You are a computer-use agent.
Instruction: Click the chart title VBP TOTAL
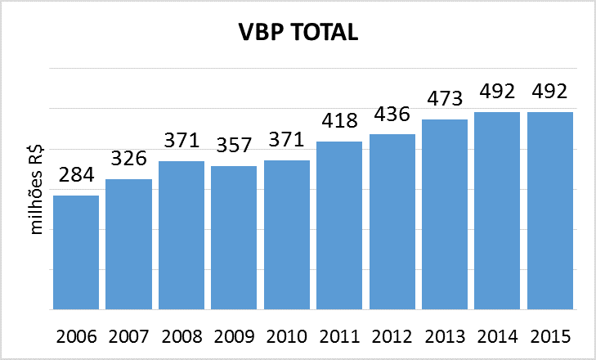(x=298, y=32)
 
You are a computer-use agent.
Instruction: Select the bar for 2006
(x=76, y=252)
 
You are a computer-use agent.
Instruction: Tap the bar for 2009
(x=234, y=237)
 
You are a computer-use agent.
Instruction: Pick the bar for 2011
(x=339, y=225)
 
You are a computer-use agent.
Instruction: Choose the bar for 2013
(x=445, y=214)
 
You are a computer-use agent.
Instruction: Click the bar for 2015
(x=550, y=210)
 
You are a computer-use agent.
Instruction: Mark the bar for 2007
(x=128, y=244)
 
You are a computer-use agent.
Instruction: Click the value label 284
(x=76, y=175)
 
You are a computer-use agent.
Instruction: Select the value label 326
(x=128, y=159)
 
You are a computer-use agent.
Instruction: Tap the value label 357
(x=234, y=146)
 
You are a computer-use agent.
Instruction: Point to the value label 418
(x=339, y=121)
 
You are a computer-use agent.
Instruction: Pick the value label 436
(x=392, y=114)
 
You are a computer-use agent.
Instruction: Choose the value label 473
(x=445, y=99)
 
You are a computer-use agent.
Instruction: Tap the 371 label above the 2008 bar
(x=181, y=141)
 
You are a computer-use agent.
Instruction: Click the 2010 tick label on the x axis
(x=286, y=337)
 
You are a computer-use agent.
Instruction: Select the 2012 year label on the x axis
(x=392, y=337)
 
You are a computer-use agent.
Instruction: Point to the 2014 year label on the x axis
(x=497, y=337)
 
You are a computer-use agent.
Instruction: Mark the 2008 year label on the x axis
(x=181, y=337)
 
